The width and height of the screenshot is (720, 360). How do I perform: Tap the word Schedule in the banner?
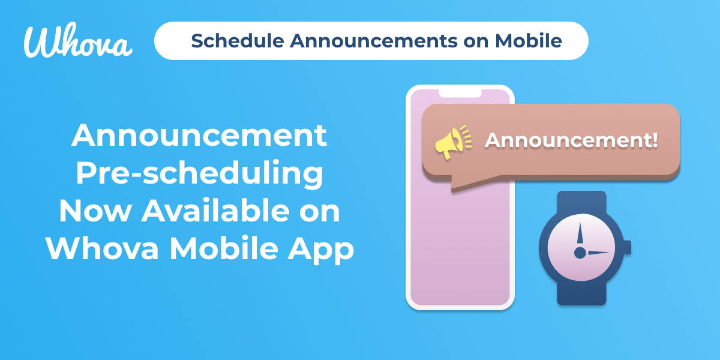(x=238, y=41)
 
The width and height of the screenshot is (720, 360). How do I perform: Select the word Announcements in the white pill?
(x=373, y=41)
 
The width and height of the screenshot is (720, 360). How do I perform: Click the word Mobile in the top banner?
(x=529, y=41)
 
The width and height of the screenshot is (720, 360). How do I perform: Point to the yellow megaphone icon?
(x=453, y=142)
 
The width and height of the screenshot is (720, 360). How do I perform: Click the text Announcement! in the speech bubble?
(x=571, y=140)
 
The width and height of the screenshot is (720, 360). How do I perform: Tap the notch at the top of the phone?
(x=460, y=93)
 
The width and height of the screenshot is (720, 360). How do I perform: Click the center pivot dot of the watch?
(x=580, y=253)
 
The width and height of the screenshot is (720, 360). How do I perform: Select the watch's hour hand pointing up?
(x=580, y=233)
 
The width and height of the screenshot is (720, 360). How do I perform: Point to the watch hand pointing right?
(x=599, y=253)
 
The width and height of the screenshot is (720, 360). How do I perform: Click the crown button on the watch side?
(x=628, y=247)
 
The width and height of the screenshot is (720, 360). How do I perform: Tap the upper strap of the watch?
(x=581, y=203)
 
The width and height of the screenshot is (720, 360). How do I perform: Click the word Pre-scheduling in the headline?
(x=199, y=173)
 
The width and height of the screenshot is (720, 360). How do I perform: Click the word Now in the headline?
(x=95, y=211)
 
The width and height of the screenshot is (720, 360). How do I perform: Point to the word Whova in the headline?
(x=102, y=248)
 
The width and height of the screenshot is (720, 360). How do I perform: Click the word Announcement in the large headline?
(x=199, y=135)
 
